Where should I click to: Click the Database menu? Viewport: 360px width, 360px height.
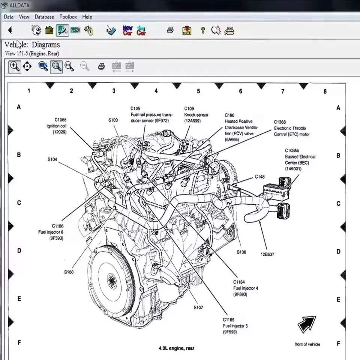point(44,17)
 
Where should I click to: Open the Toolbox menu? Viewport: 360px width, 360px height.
point(68,17)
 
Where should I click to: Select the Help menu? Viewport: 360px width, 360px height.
point(87,17)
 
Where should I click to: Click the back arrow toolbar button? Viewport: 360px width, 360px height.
point(10,30)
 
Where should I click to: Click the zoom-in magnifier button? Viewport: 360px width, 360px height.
point(15,67)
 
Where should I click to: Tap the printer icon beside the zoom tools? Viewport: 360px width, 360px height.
point(101,67)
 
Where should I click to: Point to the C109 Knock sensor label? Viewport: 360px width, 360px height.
point(196,115)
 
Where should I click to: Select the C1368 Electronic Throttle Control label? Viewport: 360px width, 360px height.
point(291,128)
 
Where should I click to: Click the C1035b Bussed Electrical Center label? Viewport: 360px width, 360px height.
point(300,159)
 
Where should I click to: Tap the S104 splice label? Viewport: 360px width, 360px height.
point(52,159)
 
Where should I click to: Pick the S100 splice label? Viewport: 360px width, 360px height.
point(69,272)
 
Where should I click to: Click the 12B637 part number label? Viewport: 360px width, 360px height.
point(267,254)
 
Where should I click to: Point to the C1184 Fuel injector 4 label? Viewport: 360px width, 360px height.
point(245,288)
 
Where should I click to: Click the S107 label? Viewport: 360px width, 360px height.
point(198,307)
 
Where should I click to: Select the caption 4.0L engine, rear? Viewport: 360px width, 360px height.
point(176,348)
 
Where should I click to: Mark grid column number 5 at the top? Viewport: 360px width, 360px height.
point(198,91)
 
